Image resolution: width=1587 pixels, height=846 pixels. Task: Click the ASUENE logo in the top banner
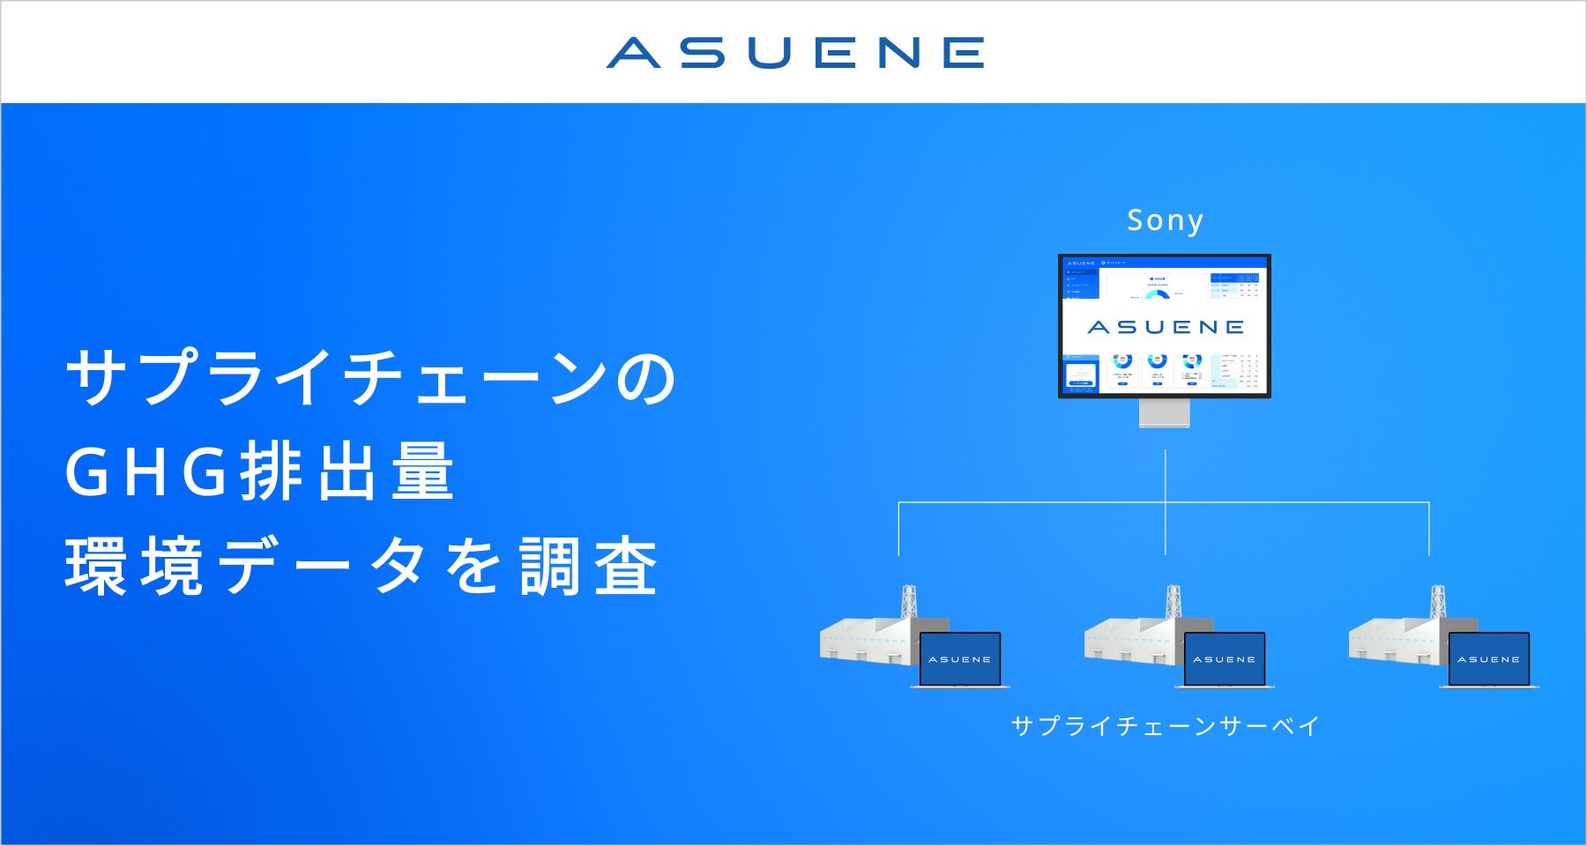point(794,53)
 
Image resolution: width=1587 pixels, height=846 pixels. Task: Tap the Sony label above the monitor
point(1165,220)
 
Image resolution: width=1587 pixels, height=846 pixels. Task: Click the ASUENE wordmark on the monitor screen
point(1165,327)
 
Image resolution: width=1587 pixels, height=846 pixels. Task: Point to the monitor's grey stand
point(1165,412)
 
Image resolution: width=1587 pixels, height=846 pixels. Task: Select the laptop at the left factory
point(960,659)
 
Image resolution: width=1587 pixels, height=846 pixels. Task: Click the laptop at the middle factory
point(1225,659)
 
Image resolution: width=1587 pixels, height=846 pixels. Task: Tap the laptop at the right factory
point(1489,659)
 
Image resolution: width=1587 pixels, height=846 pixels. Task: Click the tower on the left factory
point(909,603)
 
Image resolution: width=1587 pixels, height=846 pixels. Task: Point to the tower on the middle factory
point(1173,603)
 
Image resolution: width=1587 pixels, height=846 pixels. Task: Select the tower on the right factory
point(1438,603)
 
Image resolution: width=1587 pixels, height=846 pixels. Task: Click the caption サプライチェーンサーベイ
point(1165,726)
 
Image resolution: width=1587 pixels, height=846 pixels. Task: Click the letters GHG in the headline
point(146,472)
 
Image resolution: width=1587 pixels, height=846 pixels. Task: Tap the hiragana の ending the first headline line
point(645,379)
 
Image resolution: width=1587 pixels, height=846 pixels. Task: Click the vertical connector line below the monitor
point(1166,476)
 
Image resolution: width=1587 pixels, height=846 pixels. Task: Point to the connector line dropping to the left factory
point(898,529)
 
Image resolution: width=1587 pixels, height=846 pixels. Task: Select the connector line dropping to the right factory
point(1429,529)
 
